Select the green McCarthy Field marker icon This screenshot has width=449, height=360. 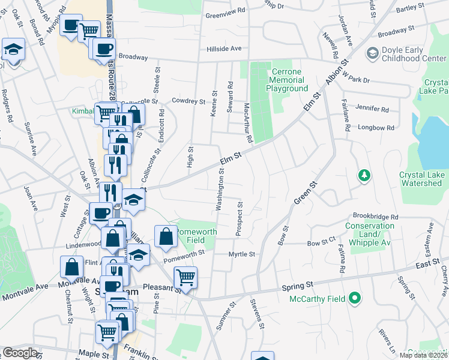(355, 298)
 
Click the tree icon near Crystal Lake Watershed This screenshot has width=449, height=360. (363, 175)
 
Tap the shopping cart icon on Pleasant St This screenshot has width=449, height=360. (185, 277)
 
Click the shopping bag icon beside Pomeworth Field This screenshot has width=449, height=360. (165, 236)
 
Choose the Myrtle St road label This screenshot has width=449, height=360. (242, 254)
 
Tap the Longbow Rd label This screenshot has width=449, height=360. (376, 128)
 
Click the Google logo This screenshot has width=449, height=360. (20, 353)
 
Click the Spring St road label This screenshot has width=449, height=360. (298, 287)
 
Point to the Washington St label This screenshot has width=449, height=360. (220, 189)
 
